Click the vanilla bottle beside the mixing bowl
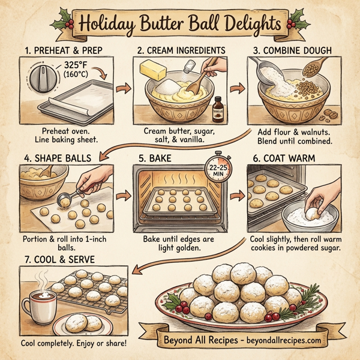pos(217,109)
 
